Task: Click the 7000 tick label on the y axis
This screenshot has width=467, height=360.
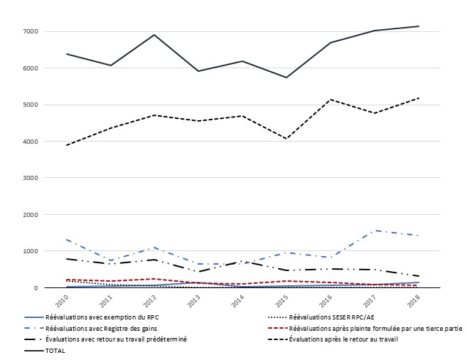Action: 30,31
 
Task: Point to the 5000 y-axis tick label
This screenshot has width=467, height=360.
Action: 30,105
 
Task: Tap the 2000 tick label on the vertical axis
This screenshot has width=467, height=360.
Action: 30,214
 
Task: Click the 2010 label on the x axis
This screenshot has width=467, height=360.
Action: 63,299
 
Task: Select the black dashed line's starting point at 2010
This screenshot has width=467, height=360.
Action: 67,145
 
